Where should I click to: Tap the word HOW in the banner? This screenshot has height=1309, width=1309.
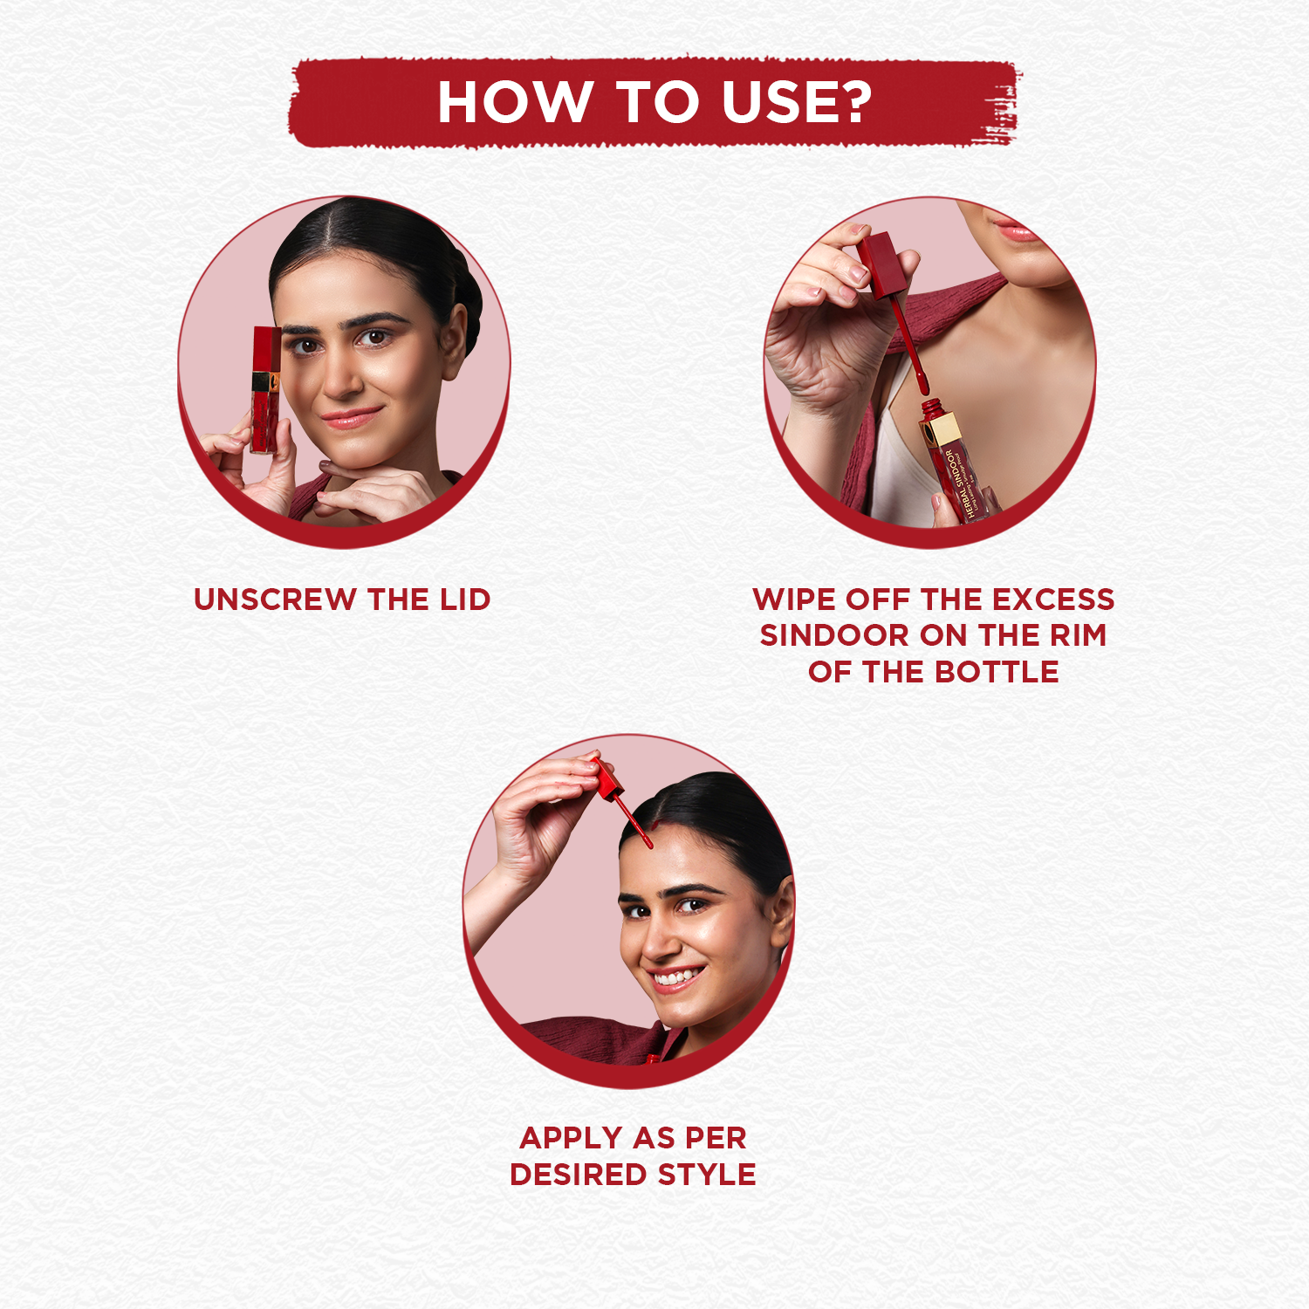pyautogui.click(x=515, y=101)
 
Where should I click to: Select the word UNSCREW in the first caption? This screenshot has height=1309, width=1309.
pyautogui.click(x=275, y=600)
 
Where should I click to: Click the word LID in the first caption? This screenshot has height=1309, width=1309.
pyautogui.click(x=465, y=600)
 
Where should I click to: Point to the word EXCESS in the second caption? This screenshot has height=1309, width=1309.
pyautogui.click(x=1053, y=600)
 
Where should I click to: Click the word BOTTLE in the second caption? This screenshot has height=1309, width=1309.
pyautogui.click(x=997, y=672)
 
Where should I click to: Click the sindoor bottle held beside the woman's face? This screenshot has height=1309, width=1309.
pyautogui.click(x=266, y=390)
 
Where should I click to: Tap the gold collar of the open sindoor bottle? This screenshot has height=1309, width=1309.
pyautogui.click(x=942, y=430)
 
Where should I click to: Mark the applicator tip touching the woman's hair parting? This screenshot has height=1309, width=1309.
pyautogui.click(x=647, y=840)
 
